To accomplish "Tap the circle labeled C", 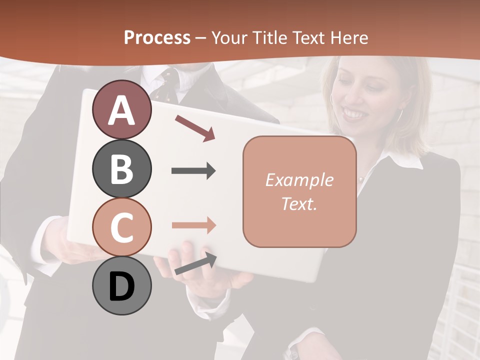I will tap(122, 227).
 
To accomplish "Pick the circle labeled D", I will tap(122, 285).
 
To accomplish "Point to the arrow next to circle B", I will tap(194, 171).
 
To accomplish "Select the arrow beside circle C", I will tap(194, 225).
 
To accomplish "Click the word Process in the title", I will tap(157, 37).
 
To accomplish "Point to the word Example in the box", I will tap(299, 180).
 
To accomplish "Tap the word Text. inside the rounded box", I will tap(299, 203).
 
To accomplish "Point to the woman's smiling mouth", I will tap(355, 114).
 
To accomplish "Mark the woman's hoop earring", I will tap(399, 116).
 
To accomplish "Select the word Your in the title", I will tap(228, 37).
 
